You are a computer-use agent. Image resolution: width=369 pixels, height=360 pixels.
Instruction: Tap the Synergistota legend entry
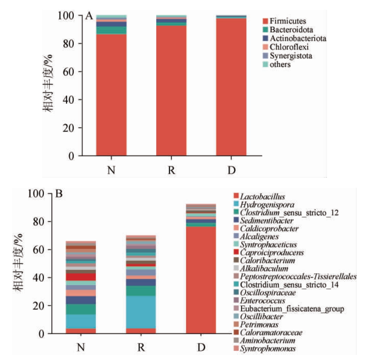coord(290,56)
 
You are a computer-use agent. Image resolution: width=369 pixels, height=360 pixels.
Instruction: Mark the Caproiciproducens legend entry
coord(272,253)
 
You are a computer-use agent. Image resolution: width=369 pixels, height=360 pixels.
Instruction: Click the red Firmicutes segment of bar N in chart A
coord(111,95)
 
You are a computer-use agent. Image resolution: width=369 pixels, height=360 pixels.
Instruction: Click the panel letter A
coord(89,16)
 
